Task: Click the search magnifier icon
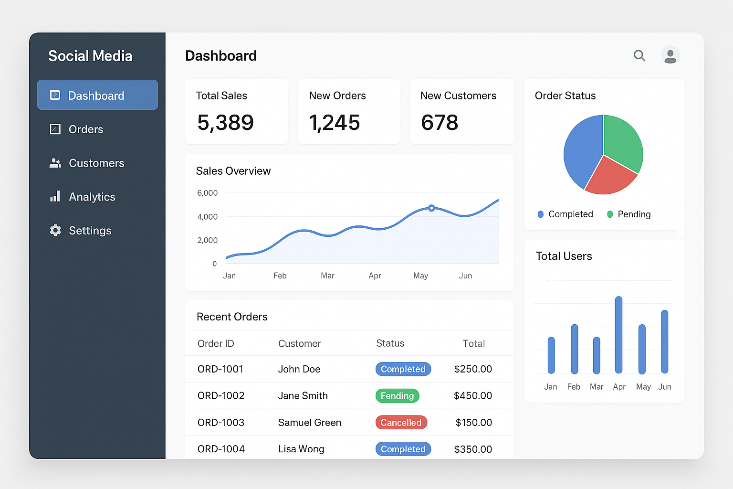pyautogui.click(x=639, y=56)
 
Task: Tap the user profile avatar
pyautogui.click(x=670, y=55)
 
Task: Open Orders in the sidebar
pyautogui.click(x=86, y=129)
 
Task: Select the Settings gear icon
pyautogui.click(x=55, y=231)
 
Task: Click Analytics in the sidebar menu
pyautogui.click(x=92, y=197)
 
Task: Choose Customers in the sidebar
pyautogui.click(x=96, y=163)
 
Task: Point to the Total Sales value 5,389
pyautogui.click(x=225, y=123)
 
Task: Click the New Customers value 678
pyautogui.click(x=440, y=123)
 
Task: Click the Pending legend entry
pyautogui.click(x=628, y=214)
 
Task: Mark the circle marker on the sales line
pyautogui.click(x=431, y=208)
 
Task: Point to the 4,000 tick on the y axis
pyautogui.click(x=208, y=217)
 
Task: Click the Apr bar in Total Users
pyautogui.click(x=618, y=335)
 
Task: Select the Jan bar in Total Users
pyautogui.click(x=551, y=355)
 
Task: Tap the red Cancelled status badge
pyautogui.click(x=401, y=423)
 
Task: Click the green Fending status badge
pyautogui.click(x=397, y=396)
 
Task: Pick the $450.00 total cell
pyautogui.click(x=473, y=396)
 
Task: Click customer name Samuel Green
pyautogui.click(x=310, y=423)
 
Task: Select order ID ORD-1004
pyautogui.click(x=221, y=449)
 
